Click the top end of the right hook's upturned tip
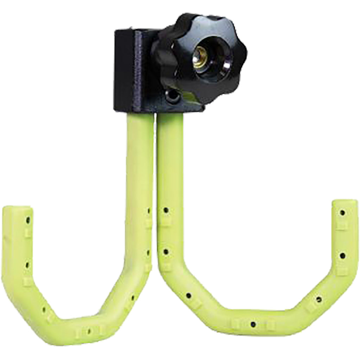point(345,203)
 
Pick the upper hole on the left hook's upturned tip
point(28,220)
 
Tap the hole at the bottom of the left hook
point(89,331)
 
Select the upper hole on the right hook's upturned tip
point(342,213)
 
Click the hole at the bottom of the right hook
point(253,324)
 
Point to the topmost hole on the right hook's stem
point(166,210)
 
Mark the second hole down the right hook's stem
point(165,252)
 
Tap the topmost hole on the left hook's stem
point(148,211)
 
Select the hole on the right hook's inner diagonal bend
point(189,295)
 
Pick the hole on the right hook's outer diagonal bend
point(319,300)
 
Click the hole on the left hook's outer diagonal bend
point(44,310)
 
